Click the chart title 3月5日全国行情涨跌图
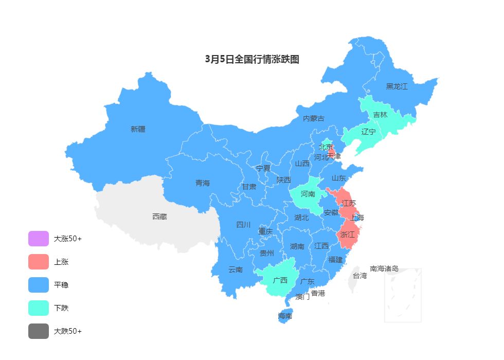[x=252, y=59]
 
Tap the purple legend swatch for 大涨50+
[x=39, y=239]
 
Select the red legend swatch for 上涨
[x=39, y=262]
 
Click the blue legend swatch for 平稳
[x=39, y=285]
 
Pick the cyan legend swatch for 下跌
[x=39, y=308]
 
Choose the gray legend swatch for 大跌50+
[x=39, y=331]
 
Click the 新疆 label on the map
[x=138, y=129]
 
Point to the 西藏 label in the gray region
[x=159, y=217]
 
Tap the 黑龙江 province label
[x=397, y=86]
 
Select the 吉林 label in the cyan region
[x=380, y=115]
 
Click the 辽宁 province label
[x=368, y=132]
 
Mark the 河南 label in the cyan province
[x=308, y=194]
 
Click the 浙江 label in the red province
[x=348, y=235]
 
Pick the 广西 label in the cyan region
[x=280, y=280]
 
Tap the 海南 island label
[x=285, y=316]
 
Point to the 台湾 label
[x=359, y=276]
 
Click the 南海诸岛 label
[x=384, y=268]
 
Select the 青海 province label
[x=203, y=183]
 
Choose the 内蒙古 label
[x=314, y=118]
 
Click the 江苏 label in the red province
[x=349, y=203]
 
